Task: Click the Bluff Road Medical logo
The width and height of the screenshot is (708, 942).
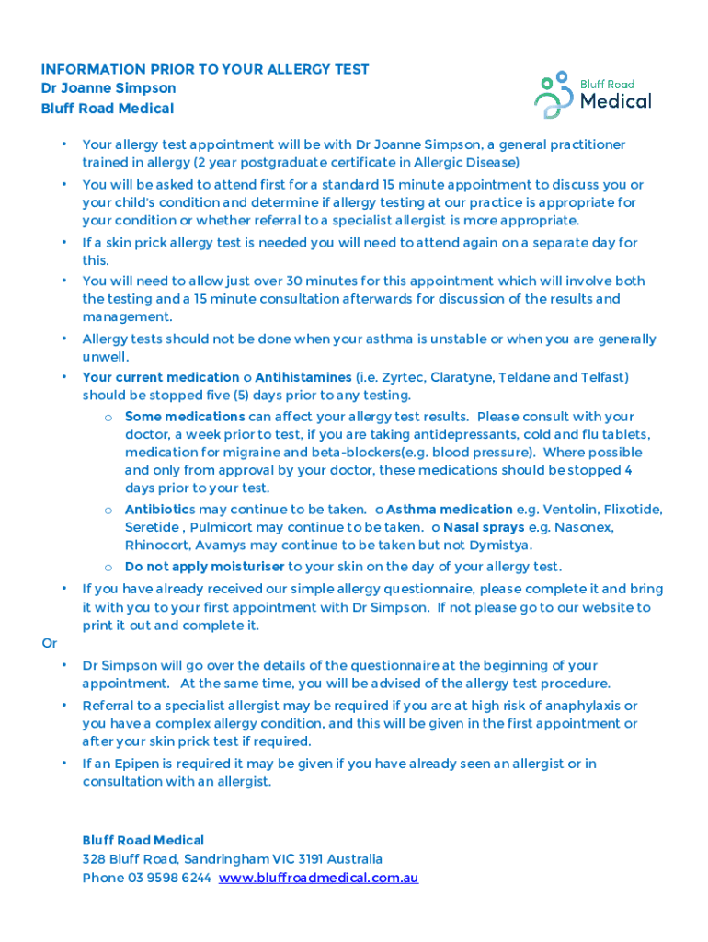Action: pos(592,95)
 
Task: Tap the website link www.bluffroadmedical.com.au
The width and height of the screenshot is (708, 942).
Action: pos(318,878)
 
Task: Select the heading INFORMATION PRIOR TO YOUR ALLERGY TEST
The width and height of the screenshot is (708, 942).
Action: pos(205,69)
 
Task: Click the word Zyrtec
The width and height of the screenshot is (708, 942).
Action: pos(416,377)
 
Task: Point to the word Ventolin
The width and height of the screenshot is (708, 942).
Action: pos(571,509)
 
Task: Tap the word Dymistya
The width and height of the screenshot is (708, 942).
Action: pos(502,545)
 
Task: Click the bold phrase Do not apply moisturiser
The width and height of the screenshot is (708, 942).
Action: pos(204,567)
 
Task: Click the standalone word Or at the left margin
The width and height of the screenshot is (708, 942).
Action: pos(49,643)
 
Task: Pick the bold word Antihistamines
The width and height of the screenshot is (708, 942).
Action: pos(303,377)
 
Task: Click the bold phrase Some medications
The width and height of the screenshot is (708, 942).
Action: pos(184,417)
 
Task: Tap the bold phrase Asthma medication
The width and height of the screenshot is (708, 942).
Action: pos(450,509)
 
